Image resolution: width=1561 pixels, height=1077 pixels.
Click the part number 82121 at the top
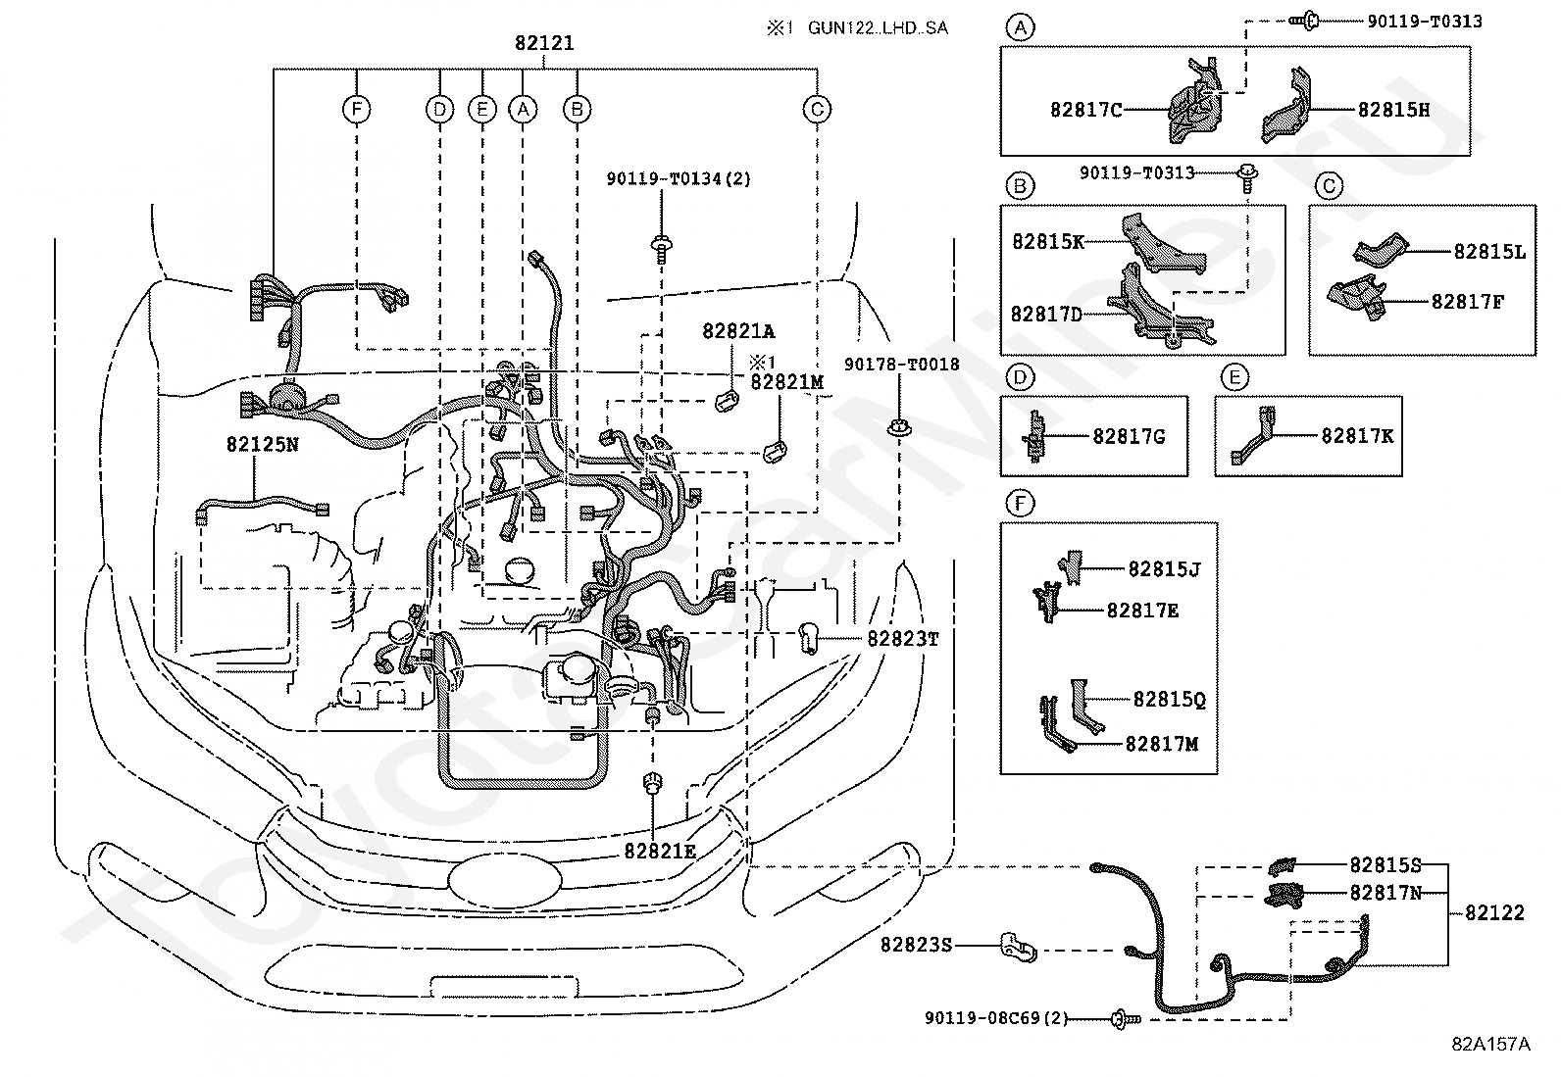[544, 43]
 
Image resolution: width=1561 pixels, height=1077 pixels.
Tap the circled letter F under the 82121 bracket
[357, 110]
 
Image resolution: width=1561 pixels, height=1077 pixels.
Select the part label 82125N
[262, 445]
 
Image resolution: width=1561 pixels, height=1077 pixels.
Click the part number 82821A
[738, 331]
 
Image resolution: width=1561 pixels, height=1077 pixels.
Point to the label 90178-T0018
[902, 365]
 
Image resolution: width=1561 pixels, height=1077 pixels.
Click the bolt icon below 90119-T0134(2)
[661, 250]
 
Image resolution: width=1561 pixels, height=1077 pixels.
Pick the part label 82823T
[902, 639]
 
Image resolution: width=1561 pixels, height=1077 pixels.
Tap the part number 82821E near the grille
[660, 852]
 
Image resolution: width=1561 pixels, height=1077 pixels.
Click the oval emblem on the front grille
[505, 881]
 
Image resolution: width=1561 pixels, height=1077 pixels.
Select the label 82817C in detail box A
[1085, 110]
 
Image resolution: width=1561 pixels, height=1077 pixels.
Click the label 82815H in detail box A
[1393, 110]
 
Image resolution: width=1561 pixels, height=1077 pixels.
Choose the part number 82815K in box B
[1048, 242]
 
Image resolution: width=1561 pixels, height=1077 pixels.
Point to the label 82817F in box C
[1468, 303]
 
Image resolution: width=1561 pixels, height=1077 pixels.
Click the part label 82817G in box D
[1129, 437]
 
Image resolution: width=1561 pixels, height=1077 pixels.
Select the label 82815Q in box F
[1170, 700]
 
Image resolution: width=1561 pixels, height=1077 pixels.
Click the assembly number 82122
[1494, 912]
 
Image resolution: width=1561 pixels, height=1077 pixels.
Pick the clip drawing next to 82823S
[1018, 947]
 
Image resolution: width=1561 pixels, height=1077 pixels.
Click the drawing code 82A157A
[1490, 1044]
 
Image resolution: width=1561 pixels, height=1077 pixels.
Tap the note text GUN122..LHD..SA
[879, 27]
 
